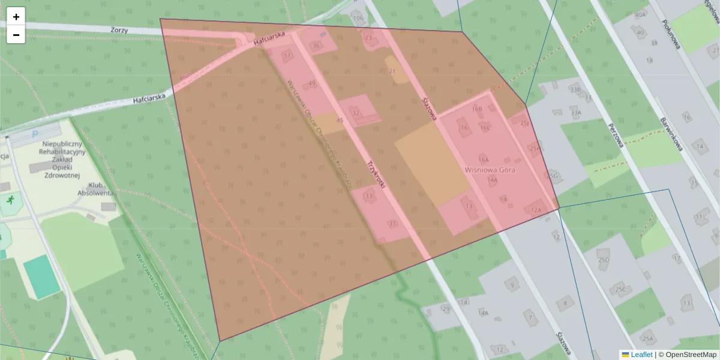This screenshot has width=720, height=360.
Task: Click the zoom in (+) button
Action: pos(16,17)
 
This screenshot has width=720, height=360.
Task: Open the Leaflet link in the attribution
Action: pos(641,355)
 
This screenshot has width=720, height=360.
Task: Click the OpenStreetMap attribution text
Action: pos(691,355)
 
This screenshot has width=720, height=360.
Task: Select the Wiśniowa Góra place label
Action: pos(490,170)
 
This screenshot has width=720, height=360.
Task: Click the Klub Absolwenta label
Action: pos(95,189)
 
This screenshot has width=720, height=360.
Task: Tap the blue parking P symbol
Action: pos(34,135)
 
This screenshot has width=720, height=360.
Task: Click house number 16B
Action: pos(477,109)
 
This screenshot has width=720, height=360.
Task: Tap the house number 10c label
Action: pos(358,18)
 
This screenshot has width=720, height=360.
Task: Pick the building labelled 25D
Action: pos(603,260)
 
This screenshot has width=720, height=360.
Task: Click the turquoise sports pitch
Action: pos(42,276)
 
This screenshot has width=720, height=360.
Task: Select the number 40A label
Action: pos(640,14)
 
